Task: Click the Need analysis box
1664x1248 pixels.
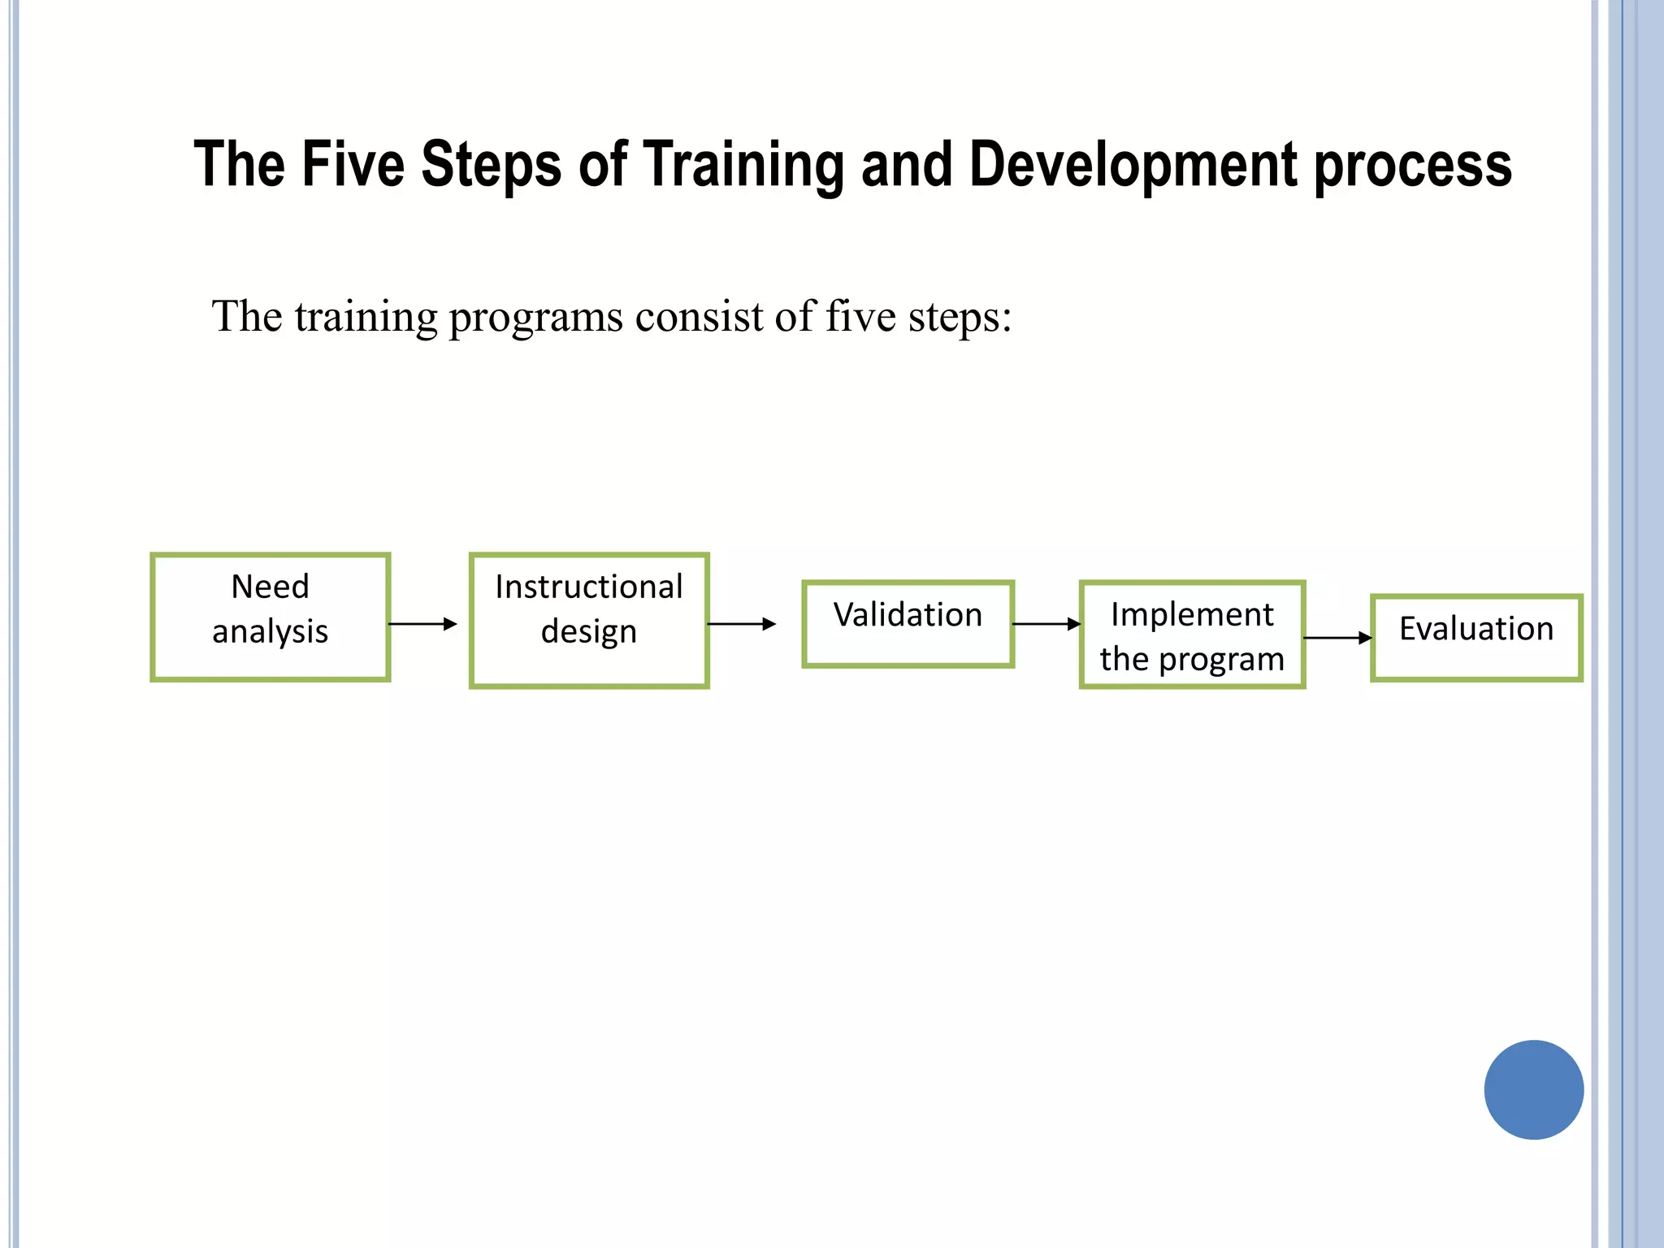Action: click(270, 617)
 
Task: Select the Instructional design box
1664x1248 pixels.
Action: click(589, 621)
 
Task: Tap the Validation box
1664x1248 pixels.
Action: click(908, 624)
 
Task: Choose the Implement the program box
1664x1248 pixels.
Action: click(1192, 635)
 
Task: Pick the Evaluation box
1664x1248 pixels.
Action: click(1475, 638)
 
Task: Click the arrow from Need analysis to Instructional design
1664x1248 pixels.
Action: click(422, 624)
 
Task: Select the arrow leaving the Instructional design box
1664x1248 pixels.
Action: click(741, 624)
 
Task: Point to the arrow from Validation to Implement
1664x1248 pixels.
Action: click(1046, 624)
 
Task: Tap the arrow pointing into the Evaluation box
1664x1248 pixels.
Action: click(1337, 638)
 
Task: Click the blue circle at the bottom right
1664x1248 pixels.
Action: click(1533, 1090)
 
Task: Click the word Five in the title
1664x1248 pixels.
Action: click(353, 165)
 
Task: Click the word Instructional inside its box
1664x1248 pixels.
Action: click(589, 587)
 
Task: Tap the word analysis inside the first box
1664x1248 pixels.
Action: click(270, 632)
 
